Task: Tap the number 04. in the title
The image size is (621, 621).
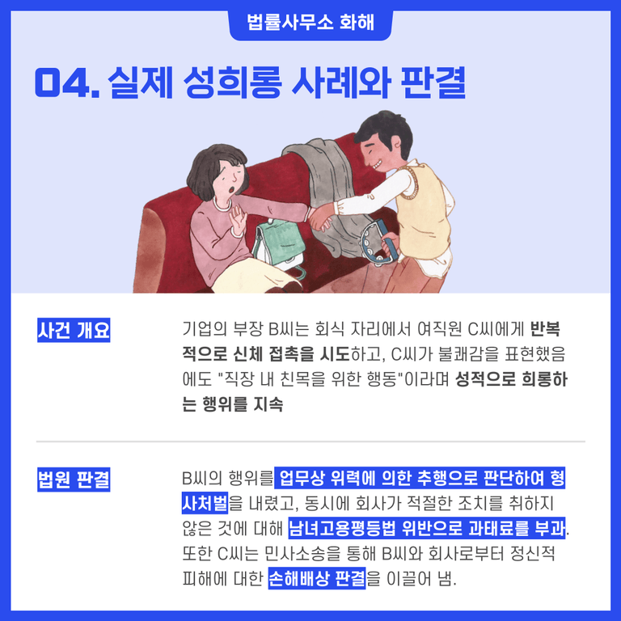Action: coord(67,82)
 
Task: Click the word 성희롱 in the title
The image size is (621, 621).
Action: coord(233,82)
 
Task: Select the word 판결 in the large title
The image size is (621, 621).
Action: coord(433,82)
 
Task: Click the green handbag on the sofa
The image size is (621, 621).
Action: coord(279,245)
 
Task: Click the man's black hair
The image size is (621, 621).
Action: coord(385,130)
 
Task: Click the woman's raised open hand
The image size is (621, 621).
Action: coord(239,220)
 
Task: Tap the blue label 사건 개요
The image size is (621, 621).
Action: coord(74,330)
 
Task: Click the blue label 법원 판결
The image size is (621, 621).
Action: coord(74,479)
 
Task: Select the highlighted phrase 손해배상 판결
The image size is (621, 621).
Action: coord(317,579)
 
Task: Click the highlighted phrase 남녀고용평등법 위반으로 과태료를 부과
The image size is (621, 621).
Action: coord(427,528)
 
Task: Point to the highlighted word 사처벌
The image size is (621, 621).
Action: coord(205,503)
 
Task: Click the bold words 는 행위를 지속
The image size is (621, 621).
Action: coord(233,404)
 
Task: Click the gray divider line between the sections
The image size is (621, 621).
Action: coord(310,441)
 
